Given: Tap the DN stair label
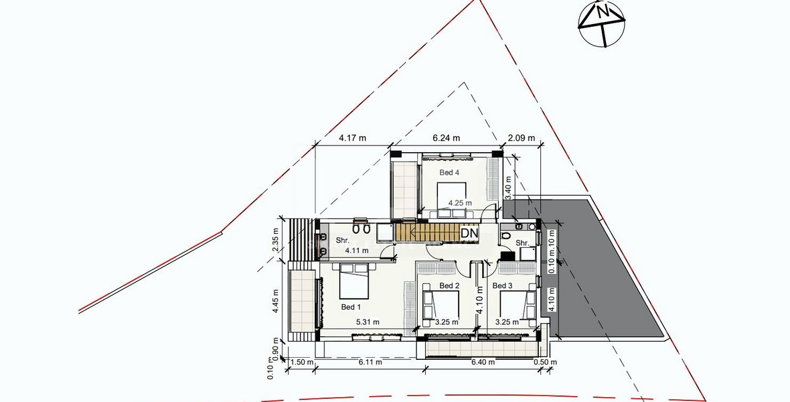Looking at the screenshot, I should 469,232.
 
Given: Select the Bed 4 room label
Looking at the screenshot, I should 449,172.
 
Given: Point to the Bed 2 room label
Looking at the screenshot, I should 449,286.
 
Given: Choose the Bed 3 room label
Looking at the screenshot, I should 503,286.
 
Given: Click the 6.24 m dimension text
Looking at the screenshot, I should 447,138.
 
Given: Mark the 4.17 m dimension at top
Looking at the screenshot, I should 352,138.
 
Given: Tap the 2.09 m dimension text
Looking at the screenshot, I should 522,138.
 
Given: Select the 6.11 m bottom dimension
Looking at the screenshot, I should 370,362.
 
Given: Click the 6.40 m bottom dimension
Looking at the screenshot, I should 483,362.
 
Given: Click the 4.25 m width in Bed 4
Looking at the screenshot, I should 460,202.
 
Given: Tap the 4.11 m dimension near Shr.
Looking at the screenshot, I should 357,251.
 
